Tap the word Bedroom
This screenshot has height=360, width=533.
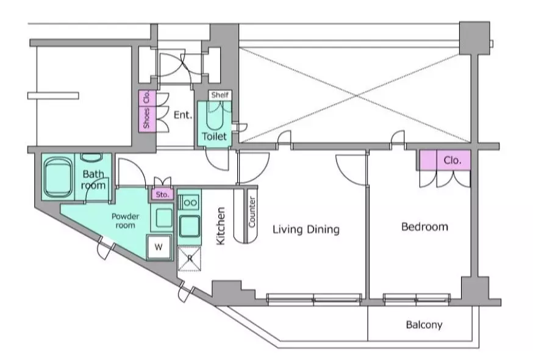(x=424, y=227)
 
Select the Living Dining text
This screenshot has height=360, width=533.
(x=306, y=230)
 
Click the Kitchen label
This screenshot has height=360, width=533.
(x=221, y=226)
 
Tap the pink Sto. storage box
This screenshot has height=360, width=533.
(x=162, y=195)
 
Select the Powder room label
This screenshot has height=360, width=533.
(x=125, y=220)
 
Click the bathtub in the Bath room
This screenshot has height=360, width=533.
(x=58, y=176)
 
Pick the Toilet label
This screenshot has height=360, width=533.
(x=214, y=137)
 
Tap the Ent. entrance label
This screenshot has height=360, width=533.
(x=183, y=115)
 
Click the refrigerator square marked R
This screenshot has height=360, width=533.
(x=189, y=258)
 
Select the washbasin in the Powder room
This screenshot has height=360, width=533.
(x=162, y=218)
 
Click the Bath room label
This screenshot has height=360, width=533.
(x=94, y=179)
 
